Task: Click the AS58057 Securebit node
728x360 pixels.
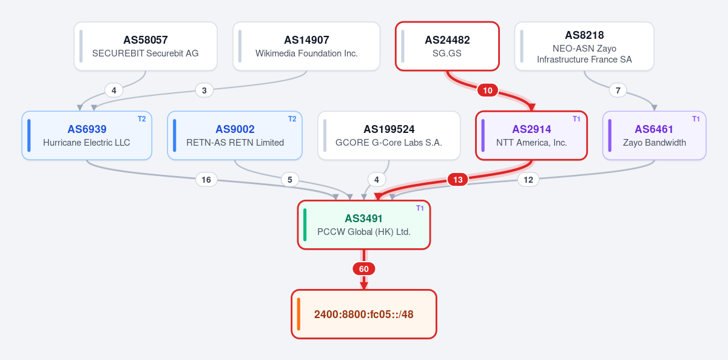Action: (x=146, y=46)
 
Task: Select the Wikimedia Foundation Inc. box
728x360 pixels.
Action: (x=306, y=46)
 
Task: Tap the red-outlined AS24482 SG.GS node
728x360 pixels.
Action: (x=447, y=46)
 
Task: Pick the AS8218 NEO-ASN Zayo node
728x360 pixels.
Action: (x=584, y=46)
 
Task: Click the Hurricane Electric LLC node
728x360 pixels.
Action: (x=87, y=135)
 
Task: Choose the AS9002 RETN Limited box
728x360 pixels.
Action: (x=235, y=135)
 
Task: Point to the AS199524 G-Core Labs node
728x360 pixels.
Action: (x=389, y=135)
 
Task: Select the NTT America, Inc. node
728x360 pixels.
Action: (x=531, y=135)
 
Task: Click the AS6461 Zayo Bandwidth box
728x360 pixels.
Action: (x=654, y=135)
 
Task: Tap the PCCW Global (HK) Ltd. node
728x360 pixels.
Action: (x=364, y=225)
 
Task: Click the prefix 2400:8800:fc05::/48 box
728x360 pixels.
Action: (x=364, y=314)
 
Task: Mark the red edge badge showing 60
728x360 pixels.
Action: (x=364, y=269)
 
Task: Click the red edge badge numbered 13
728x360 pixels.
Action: (x=458, y=180)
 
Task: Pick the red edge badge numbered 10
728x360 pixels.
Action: (x=488, y=90)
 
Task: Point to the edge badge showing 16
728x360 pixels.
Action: (x=206, y=180)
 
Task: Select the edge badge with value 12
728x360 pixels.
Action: (x=528, y=180)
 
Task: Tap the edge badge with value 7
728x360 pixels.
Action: (x=618, y=90)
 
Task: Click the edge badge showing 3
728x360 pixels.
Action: (x=204, y=90)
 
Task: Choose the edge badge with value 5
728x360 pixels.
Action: (x=290, y=180)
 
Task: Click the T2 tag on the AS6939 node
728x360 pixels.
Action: (x=142, y=119)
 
